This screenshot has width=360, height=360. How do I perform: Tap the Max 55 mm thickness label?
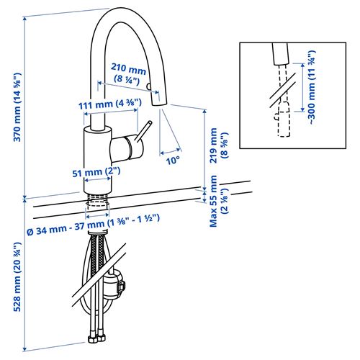(217, 205)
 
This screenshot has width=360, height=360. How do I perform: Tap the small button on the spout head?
(149, 86)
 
